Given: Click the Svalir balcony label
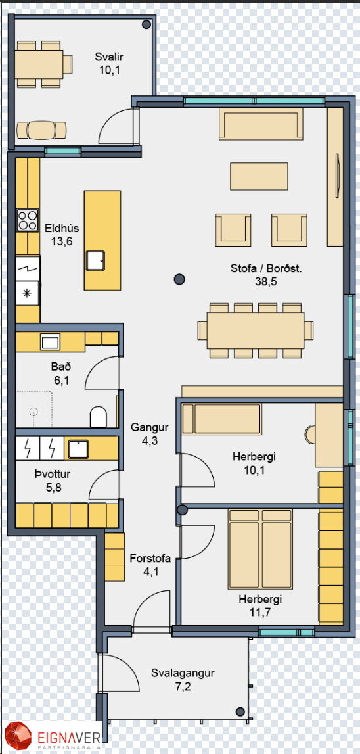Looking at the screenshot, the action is pos(109,57).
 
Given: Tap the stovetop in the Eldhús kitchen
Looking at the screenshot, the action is pos(28,221).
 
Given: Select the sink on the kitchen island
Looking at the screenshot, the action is pos(95,260).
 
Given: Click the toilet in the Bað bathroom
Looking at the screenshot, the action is pos(99,416).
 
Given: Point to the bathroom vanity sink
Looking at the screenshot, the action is pos(50,342).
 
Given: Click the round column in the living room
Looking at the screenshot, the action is pos(179,279).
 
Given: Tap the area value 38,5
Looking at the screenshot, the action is pos(266,282).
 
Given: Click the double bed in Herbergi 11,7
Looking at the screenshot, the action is pos(261,549).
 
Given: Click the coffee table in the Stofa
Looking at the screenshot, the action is pos(259,176).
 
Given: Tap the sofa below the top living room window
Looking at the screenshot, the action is pos(261,124).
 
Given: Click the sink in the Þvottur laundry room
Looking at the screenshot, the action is pos(78,448).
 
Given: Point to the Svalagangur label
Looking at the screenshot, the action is pos(183,672).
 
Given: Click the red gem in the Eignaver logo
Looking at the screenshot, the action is pos(18,736).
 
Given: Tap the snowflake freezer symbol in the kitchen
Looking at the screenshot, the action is pos(28,294).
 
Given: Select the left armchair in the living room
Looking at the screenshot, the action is pos(233,230).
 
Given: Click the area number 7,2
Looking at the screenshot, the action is pos(183,686).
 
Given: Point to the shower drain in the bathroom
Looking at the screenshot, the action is pos(34,411).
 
